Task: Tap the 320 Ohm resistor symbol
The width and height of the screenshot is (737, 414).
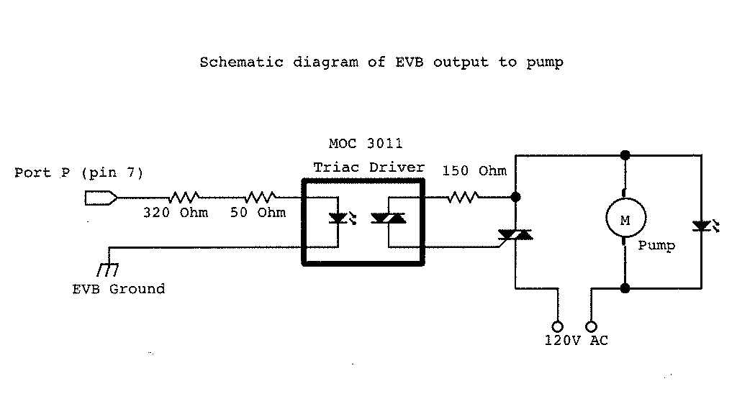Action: click(x=184, y=196)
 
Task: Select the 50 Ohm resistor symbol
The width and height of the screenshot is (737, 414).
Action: click(x=261, y=196)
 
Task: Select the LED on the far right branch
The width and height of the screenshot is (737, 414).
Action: click(x=700, y=226)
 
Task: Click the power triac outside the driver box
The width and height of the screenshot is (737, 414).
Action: click(x=515, y=234)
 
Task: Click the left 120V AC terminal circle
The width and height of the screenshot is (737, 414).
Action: click(x=556, y=326)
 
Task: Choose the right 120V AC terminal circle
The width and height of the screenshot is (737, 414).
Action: click(x=592, y=326)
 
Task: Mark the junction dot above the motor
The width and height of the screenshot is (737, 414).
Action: click(x=625, y=155)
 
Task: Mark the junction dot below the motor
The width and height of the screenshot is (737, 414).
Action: click(x=625, y=288)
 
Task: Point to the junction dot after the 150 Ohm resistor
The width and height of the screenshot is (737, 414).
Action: click(x=515, y=196)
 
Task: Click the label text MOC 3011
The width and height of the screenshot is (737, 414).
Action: click(x=366, y=144)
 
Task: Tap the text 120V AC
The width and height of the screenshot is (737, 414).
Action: click(x=576, y=341)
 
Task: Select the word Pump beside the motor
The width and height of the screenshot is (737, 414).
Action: click(x=656, y=246)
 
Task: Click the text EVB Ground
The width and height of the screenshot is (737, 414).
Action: click(x=119, y=289)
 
